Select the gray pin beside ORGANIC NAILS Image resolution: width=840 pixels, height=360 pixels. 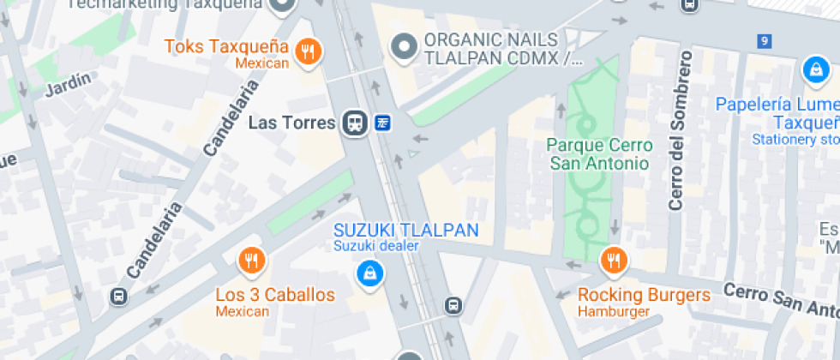tap(403, 45)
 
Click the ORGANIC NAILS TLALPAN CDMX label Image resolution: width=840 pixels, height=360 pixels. tap(491, 49)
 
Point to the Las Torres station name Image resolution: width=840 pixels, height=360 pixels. tap(291, 123)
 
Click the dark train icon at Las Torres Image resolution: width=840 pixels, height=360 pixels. tap(353, 123)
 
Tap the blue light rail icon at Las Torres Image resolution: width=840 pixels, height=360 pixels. tap(382, 123)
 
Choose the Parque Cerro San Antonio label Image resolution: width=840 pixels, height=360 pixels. tap(600, 154)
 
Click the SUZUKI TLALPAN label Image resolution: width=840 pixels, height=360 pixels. tap(405, 230)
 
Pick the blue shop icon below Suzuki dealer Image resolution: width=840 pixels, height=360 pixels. tap(370, 274)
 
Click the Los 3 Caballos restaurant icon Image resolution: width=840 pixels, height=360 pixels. tap(250, 260)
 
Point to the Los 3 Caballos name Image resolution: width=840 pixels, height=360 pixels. tap(275, 295)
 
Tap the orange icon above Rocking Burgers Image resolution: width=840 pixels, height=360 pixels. tap(613, 260)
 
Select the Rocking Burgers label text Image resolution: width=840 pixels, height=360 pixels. tap(644, 295)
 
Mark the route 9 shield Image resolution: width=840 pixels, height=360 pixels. tap(765, 40)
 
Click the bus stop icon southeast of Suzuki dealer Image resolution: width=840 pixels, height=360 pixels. tap(453, 305)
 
